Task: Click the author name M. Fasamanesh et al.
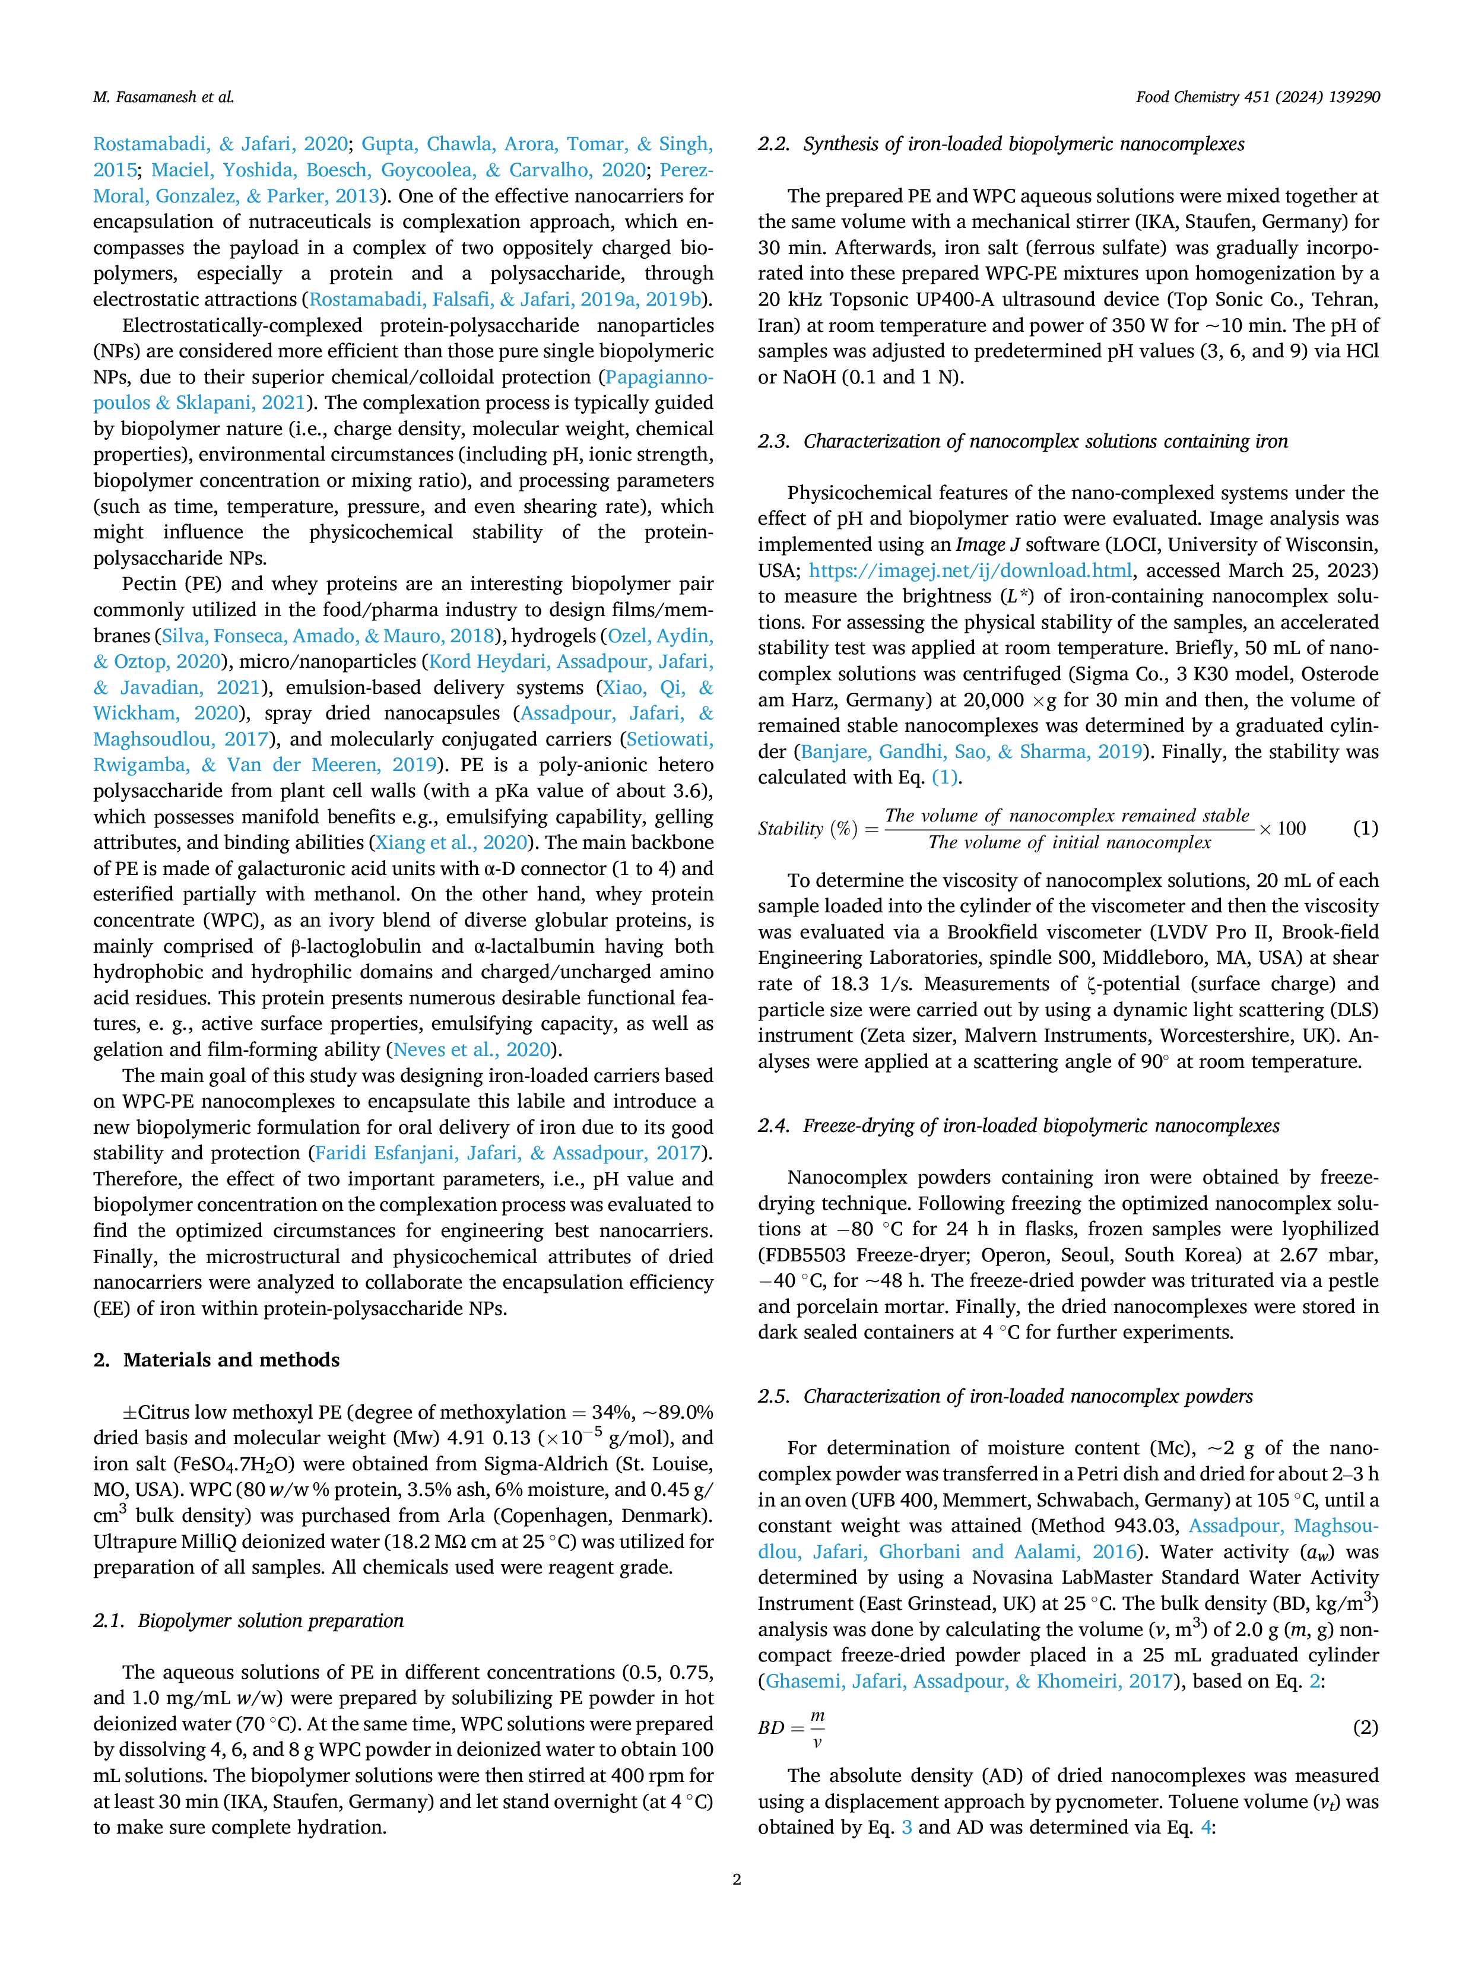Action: [x=163, y=97]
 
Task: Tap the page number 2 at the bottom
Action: [x=737, y=1879]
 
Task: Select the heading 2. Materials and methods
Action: [x=217, y=1359]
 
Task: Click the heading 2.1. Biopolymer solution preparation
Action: [x=249, y=1620]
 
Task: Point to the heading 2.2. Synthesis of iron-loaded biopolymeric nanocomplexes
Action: [x=1001, y=144]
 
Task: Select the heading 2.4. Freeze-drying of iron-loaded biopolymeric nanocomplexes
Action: [x=1019, y=1125]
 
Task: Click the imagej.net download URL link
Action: [x=970, y=570]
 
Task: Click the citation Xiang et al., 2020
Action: [x=452, y=842]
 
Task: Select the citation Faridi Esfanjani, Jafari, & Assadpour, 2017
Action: [x=507, y=1153]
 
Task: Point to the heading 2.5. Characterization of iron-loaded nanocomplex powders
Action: [x=1005, y=1396]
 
